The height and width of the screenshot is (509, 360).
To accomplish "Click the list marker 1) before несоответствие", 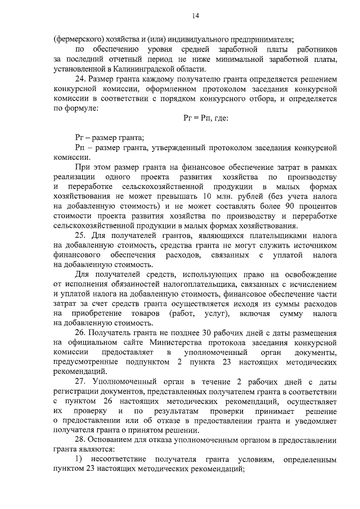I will coord(79,460).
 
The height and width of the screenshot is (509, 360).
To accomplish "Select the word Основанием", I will coord(112,440).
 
